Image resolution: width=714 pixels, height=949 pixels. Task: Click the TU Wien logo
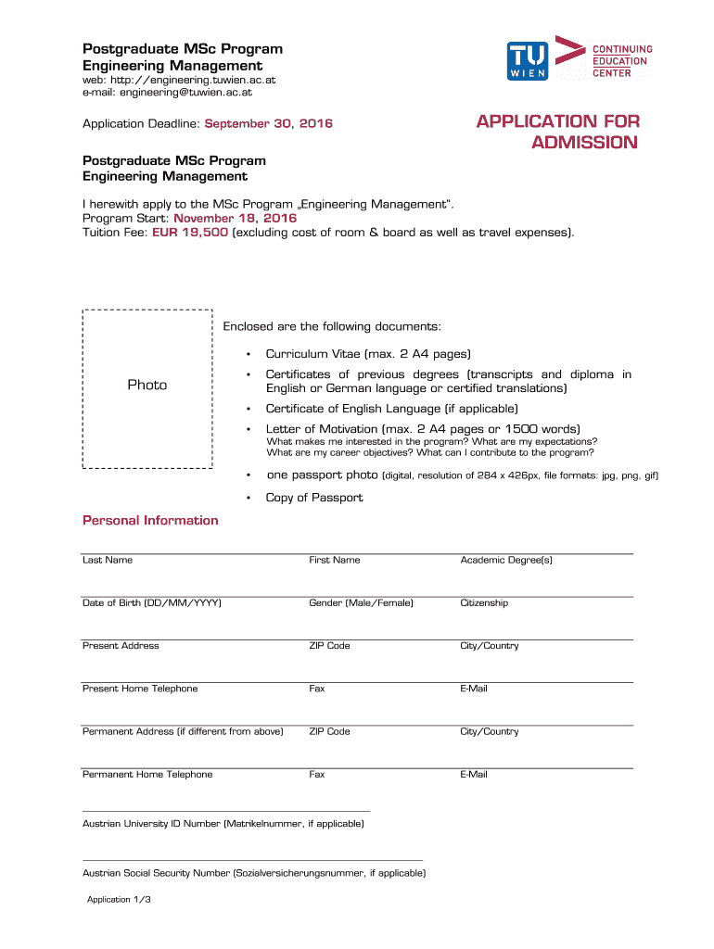528,60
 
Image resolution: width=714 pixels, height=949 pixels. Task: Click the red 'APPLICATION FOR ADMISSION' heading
557,132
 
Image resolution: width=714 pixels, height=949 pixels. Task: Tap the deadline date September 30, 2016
268,124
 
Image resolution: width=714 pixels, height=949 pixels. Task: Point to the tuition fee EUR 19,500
190,233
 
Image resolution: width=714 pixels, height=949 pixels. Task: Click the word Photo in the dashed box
147,385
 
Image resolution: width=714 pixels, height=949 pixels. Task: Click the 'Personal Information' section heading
150,521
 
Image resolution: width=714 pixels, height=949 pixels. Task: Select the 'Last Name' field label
108,561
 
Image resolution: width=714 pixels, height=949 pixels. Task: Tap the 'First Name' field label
335,561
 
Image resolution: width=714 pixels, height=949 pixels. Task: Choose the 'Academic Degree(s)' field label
506,561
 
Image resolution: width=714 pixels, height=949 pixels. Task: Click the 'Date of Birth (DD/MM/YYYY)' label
152,603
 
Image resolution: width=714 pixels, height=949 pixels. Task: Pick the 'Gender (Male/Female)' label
361,603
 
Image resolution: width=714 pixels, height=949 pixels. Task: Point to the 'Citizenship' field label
484,603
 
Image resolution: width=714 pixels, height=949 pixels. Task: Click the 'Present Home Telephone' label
140,689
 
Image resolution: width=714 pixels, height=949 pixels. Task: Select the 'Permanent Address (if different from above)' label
183,732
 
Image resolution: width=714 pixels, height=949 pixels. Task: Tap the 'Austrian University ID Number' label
223,824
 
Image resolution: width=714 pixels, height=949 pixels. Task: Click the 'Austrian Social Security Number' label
253,873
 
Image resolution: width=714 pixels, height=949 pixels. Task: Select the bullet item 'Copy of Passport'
314,498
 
